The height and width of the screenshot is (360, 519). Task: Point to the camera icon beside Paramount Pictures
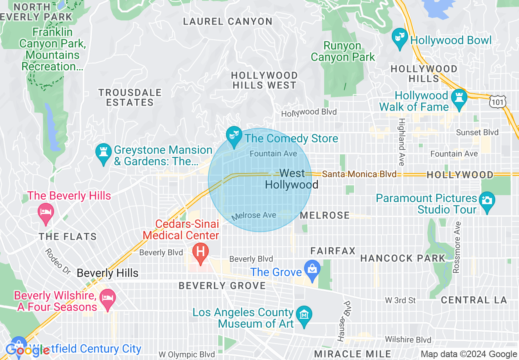487,201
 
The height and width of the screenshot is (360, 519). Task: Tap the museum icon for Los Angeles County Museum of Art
304,315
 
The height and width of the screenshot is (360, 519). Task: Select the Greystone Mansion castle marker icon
103,152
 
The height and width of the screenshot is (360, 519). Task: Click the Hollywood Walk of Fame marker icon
459,98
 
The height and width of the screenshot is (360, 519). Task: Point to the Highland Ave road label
402,142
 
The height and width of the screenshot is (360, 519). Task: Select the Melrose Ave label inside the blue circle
254,216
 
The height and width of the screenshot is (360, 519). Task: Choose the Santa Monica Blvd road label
359,174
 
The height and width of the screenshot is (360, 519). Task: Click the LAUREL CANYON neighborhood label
228,21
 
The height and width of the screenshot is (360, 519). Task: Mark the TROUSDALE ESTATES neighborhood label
130,97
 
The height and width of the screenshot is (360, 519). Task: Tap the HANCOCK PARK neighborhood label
402,258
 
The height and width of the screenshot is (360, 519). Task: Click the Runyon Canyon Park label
343,52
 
